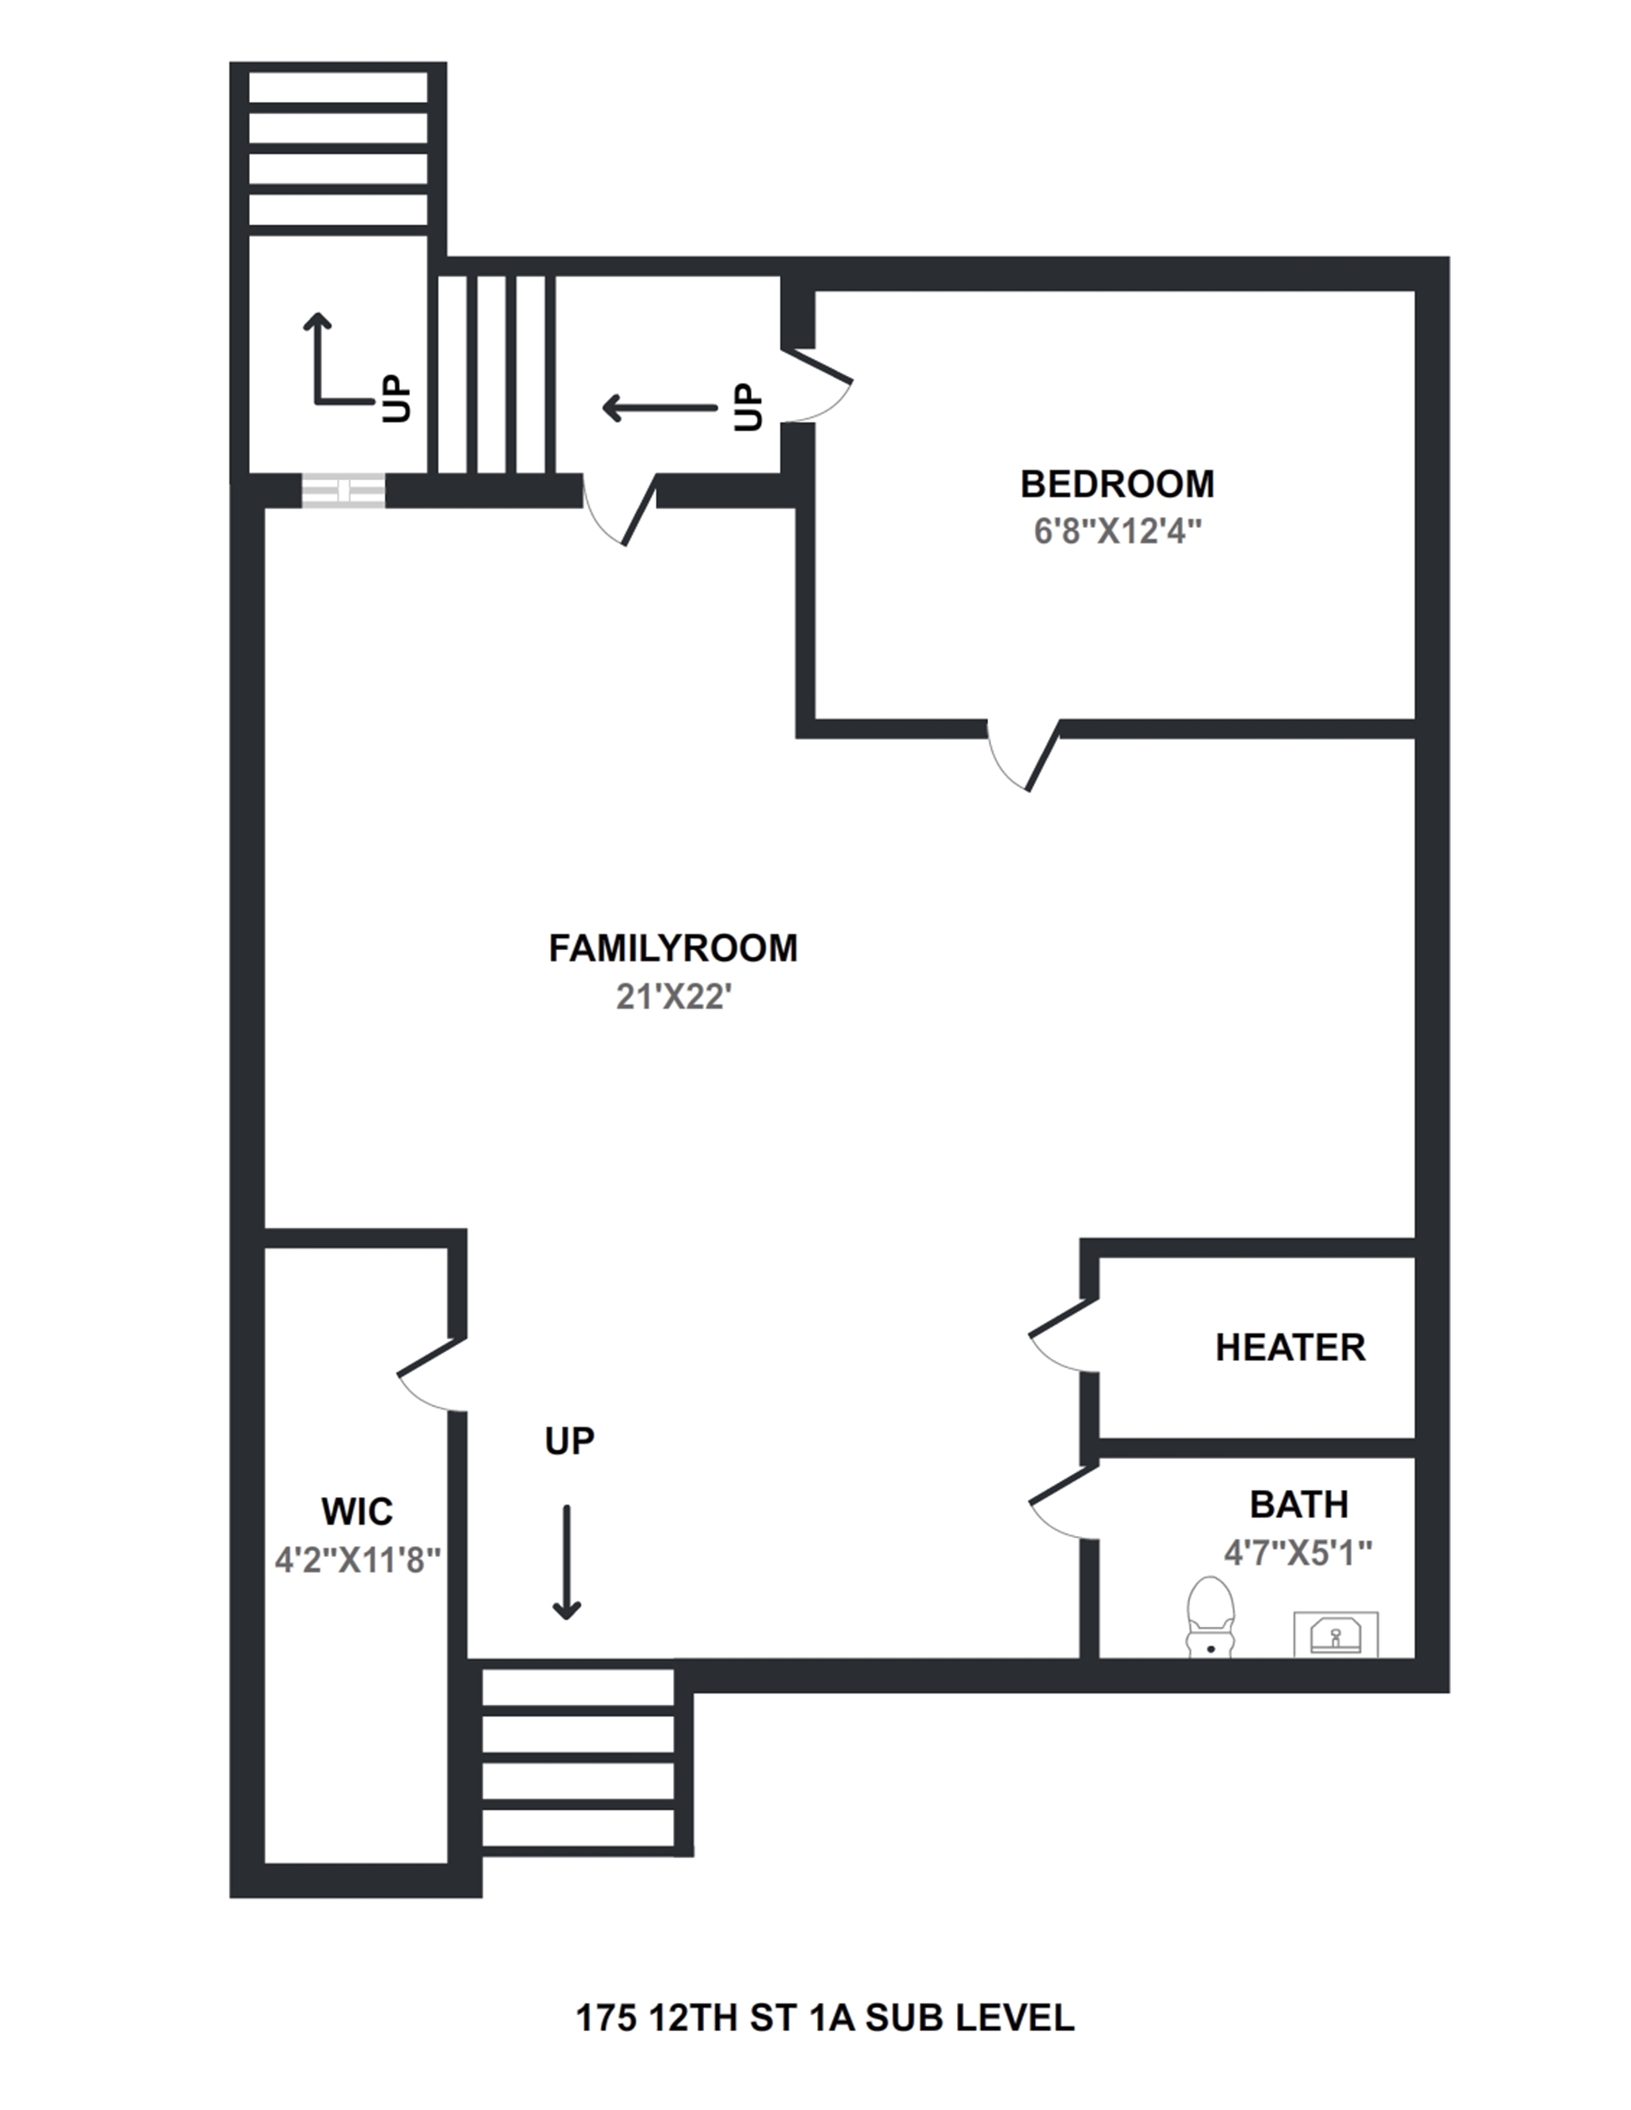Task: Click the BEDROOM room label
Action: tap(1117, 484)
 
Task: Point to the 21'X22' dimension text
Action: tap(674, 996)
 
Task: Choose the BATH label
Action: tap(1298, 1504)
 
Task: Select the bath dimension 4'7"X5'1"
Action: tap(1298, 1552)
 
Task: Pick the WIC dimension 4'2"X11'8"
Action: tap(356, 1559)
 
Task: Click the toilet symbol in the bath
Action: tap(1209, 1616)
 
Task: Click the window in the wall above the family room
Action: tap(343, 491)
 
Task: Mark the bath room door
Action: tap(1063, 1503)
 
